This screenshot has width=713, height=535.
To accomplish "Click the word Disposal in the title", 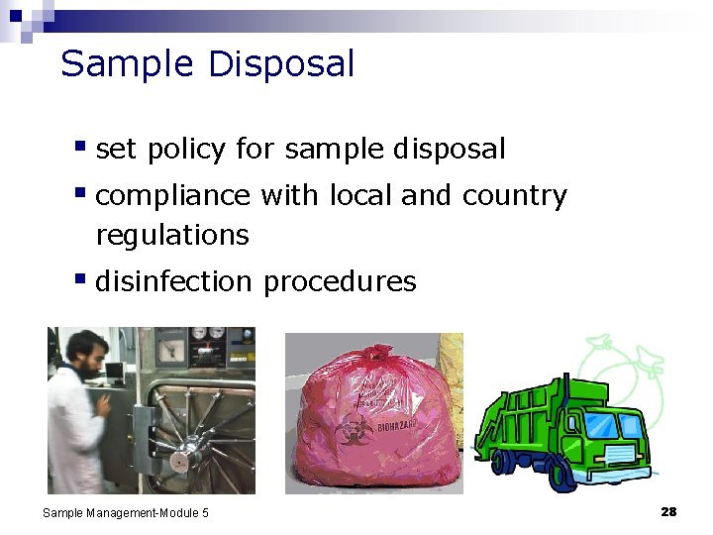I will pos(281,64).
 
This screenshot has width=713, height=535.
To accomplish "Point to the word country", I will pos(514,196).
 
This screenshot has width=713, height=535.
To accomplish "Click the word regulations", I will pos(172,236).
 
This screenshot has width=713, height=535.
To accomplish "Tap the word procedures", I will pos(340,282).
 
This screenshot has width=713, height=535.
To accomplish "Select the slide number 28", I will pos(668,511).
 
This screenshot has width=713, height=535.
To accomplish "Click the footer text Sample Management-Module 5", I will pos(126,512).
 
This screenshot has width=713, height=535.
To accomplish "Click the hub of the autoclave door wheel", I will pos(179,459).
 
